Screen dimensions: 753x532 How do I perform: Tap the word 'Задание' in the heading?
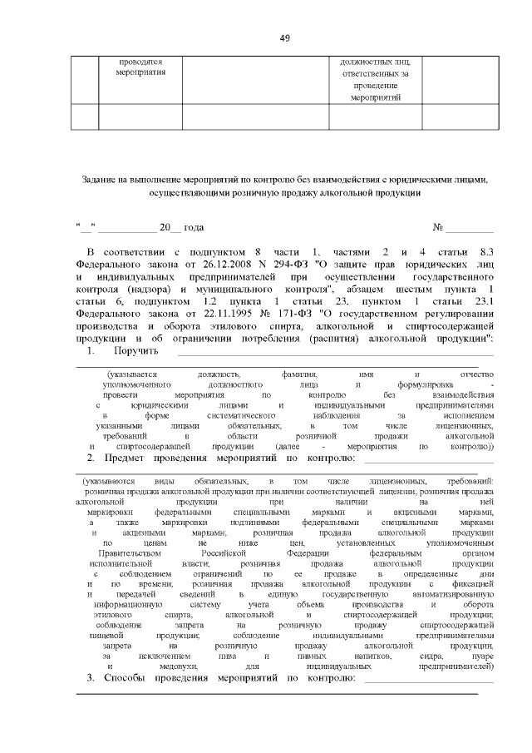(101, 179)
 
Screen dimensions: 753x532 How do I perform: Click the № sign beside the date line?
(437, 227)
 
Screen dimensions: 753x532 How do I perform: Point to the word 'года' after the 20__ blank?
(193, 227)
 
